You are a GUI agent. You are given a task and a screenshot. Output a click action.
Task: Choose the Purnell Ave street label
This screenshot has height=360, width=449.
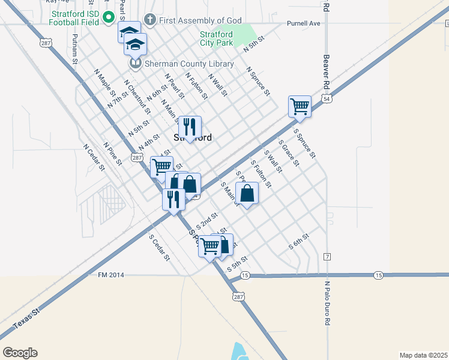(x=304, y=23)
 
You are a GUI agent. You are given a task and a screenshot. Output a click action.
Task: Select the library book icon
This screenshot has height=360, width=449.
(x=136, y=63)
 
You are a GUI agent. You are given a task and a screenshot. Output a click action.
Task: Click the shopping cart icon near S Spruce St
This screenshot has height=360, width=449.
(x=300, y=107)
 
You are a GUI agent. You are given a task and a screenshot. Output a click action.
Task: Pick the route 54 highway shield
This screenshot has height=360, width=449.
(x=326, y=98)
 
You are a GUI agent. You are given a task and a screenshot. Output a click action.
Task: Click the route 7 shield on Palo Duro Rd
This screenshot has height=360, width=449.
(x=327, y=257)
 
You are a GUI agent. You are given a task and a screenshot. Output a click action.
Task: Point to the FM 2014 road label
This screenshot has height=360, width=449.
(x=110, y=275)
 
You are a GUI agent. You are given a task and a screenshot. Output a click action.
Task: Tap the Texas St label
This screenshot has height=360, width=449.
(x=26, y=319)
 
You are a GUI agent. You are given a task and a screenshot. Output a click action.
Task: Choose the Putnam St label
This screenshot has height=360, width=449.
(x=75, y=49)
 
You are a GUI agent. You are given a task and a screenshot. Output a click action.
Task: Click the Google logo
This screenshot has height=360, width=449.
(x=20, y=353)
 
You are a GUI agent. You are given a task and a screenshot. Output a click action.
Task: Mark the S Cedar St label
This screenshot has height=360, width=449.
(x=160, y=247)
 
